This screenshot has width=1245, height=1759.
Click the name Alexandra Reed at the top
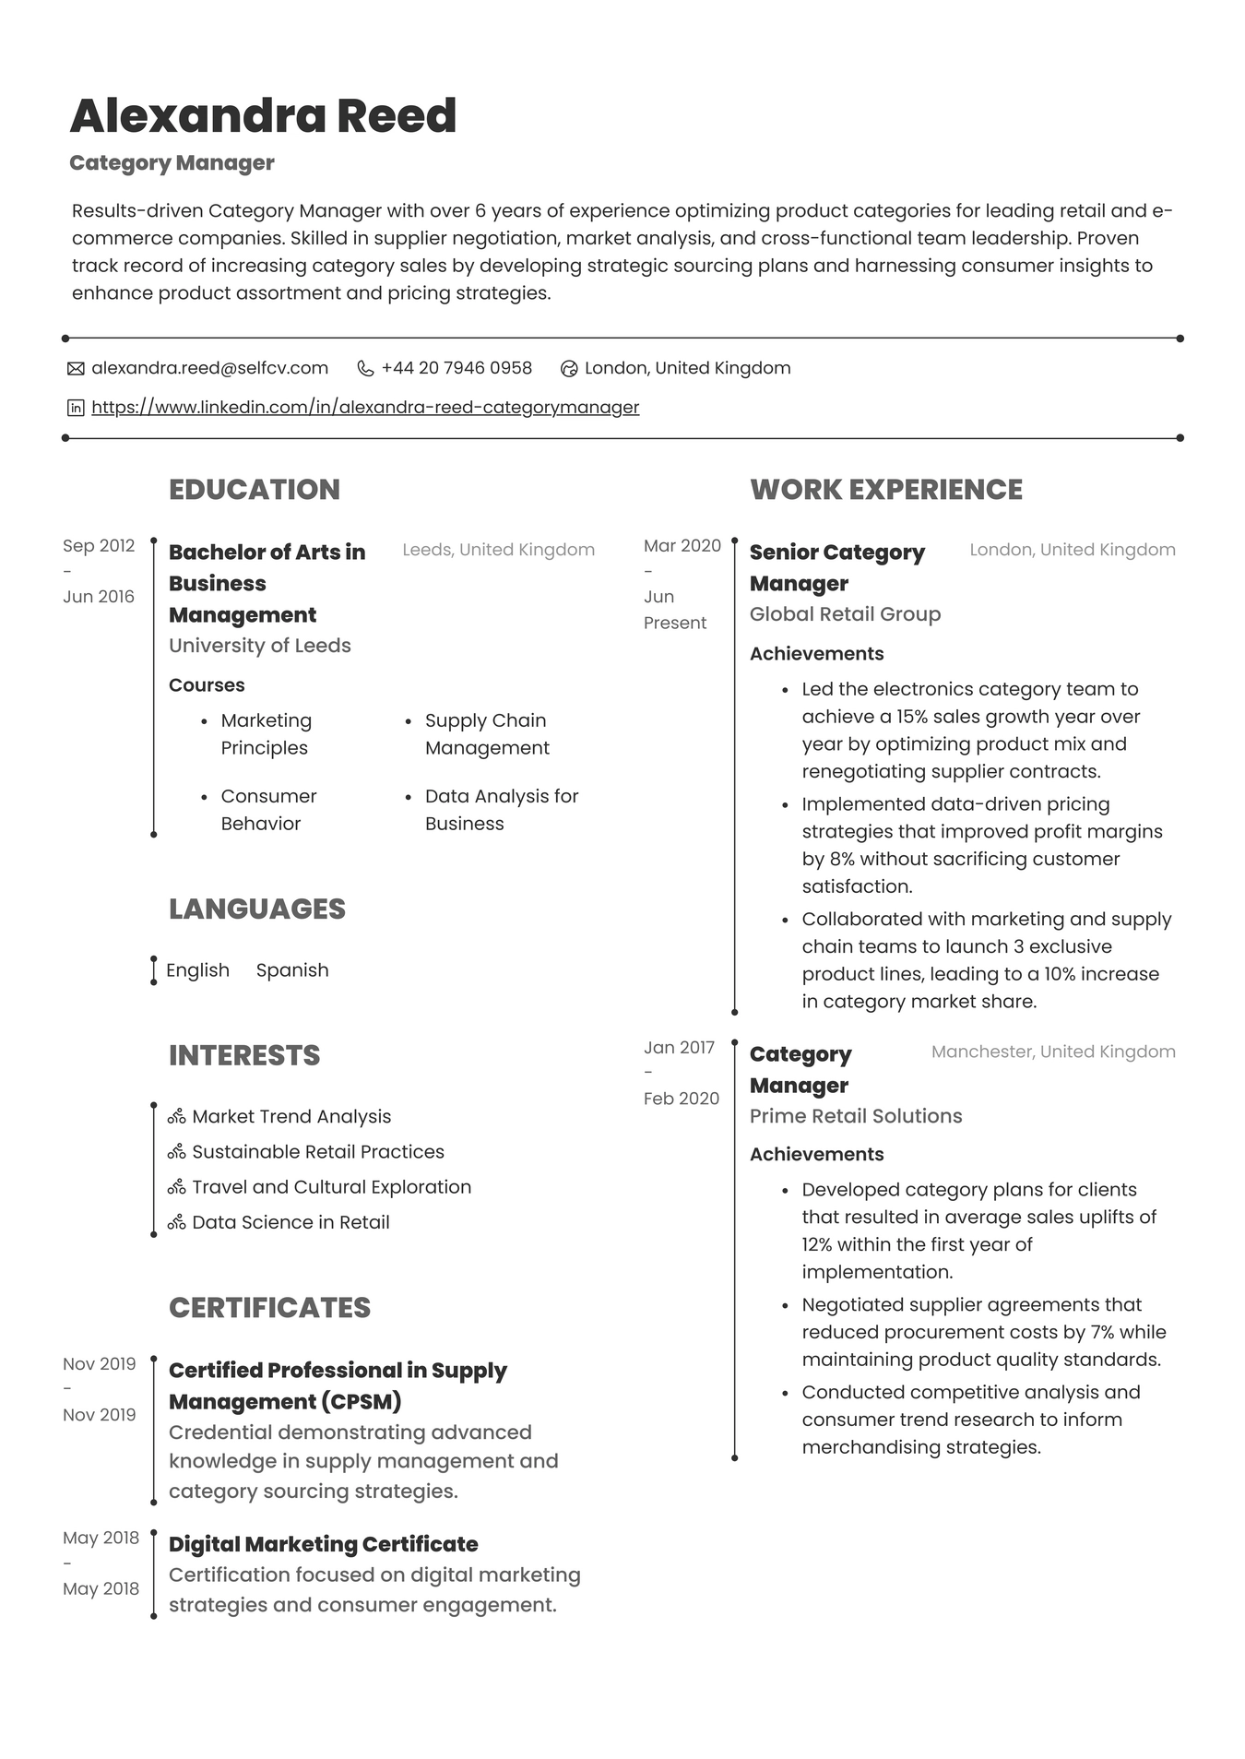click(x=263, y=116)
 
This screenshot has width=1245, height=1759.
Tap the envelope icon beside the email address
click(x=76, y=369)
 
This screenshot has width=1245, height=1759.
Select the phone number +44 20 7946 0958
click(x=456, y=368)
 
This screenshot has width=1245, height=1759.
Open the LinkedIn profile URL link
click(x=365, y=407)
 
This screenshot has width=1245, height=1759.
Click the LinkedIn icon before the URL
click(x=76, y=408)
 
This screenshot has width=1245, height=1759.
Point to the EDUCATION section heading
click(x=255, y=490)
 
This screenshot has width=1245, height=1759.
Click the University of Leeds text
click(x=259, y=646)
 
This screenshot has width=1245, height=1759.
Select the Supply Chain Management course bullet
click(x=486, y=734)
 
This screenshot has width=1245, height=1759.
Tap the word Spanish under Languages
click(x=291, y=970)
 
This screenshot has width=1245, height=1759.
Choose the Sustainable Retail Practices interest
click(x=317, y=1152)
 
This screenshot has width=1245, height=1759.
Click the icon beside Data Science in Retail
click(x=177, y=1223)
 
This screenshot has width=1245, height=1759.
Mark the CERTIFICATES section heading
click(x=269, y=1308)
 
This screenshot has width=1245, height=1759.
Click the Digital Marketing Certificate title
click(x=323, y=1544)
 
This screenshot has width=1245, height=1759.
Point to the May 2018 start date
click(x=101, y=1538)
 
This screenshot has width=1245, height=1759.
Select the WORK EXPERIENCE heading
click(x=885, y=490)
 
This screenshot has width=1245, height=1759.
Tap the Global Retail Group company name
click(x=845, y=614)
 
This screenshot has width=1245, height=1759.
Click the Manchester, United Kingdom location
click(x=1052, y=1052)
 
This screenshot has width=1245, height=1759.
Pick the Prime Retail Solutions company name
click(x=855, y=1116)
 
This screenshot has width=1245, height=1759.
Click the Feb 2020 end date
click(x=681, y=1099)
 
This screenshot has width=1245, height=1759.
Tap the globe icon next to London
click(x=569, y=369)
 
